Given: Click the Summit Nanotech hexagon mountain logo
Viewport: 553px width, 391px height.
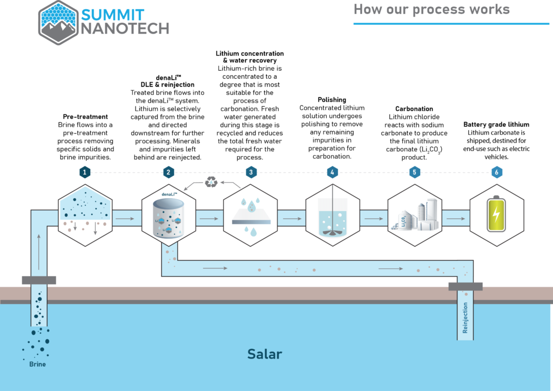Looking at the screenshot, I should pyautogui.click(x=58, y=22).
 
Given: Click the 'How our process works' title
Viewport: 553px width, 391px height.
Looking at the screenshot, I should pyautogui.click(x=431, y=9).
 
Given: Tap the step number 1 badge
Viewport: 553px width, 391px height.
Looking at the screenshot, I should pyautogui.click(x=85, y=172).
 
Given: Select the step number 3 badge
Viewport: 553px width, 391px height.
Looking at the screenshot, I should pyautogui.click(x=250, y=172).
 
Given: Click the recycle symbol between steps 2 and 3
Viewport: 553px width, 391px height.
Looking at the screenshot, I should pyautogui.click(x=211, y=183).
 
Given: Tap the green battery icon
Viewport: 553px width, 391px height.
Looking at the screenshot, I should pyautogui.click(x=496, y=215).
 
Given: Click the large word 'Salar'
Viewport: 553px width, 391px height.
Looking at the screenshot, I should pyautogui.click(x=265, y=354).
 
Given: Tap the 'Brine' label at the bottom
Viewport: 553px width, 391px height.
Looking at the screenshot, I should pyautogui.click(x=37, y=364).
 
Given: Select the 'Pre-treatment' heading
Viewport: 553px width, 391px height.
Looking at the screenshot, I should pyautogui.click(x=85, y=117).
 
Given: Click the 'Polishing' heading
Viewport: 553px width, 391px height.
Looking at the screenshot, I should pyautogui.click(x=332, y=100).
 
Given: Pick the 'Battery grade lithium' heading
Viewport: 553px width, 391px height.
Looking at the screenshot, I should pyautogui.click(x=496, y=125).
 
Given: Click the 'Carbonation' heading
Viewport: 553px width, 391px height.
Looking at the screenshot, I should pyautogui.click(x=414, y=109).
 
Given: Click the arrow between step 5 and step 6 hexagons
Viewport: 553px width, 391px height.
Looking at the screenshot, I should pyautogui.click(x=456, y=218).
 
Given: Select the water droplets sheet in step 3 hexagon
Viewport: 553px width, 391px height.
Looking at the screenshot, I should pyautogui.click(x=250, y=216).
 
